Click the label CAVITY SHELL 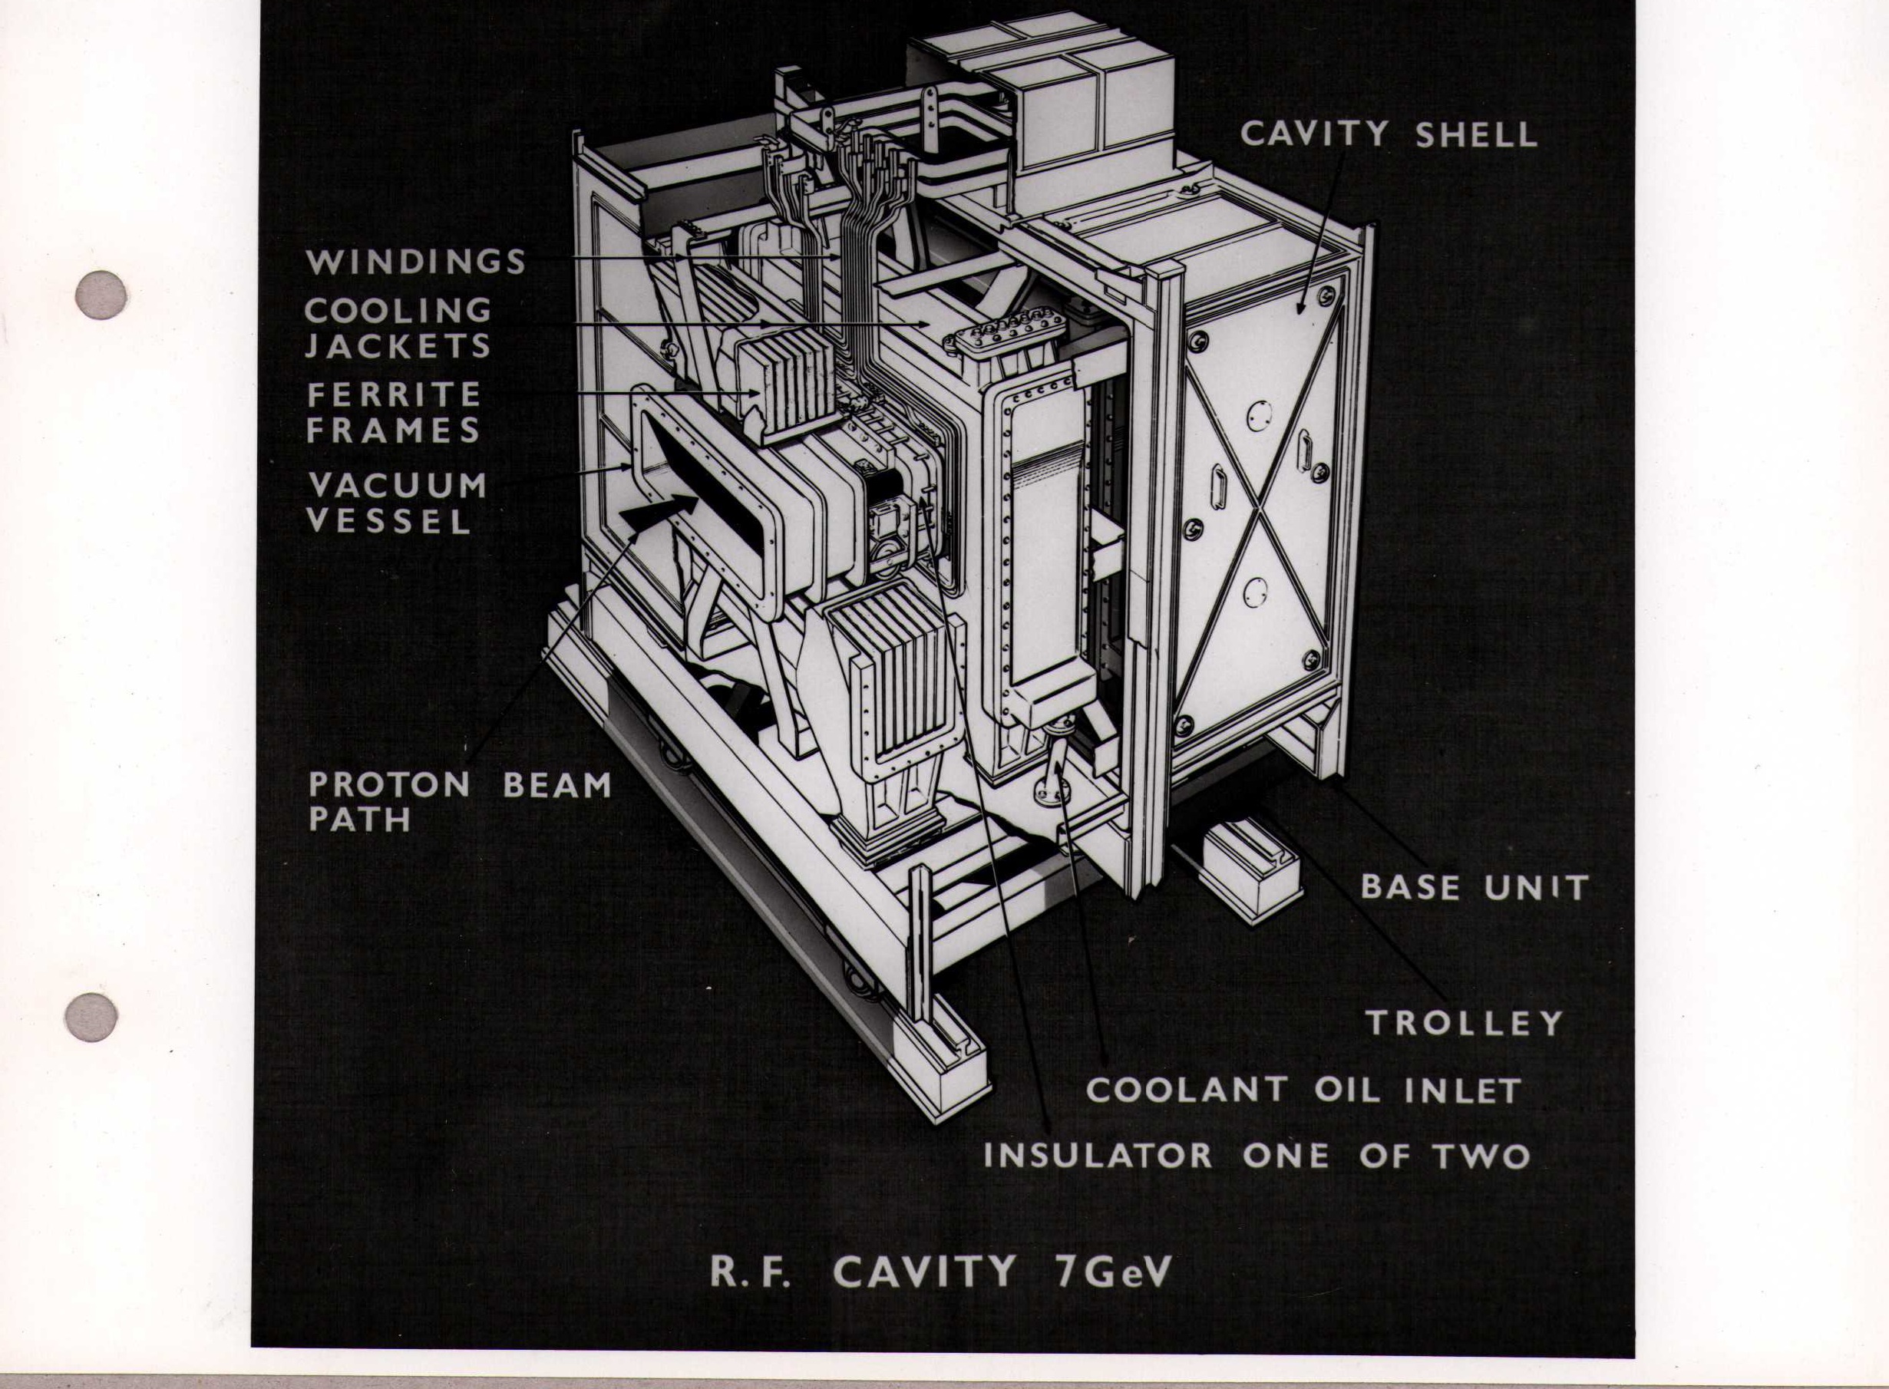(1388, 135)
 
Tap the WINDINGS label (415, 262)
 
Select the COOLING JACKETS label (398, 328)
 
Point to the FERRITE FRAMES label (394, 412)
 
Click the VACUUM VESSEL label (397, 503)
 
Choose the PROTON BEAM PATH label (459, 800)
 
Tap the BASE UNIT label (1474, 887)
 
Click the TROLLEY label (1465, 1022)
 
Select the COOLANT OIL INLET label (1303, 1090)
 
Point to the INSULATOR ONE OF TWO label (1257, 1156)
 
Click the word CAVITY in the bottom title (925, 1272)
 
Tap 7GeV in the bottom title (1112, 1272)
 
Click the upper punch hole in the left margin (101, 295)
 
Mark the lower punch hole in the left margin (91, 1018)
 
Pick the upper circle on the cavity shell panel (1259, 415)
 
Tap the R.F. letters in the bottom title (750, 1272)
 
